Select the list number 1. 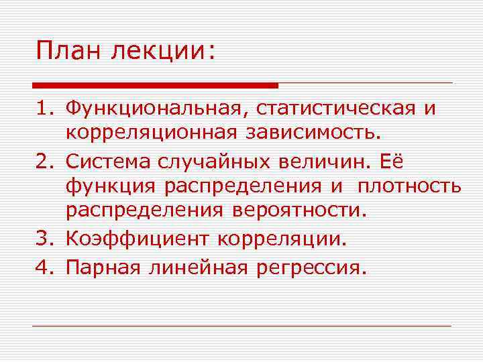click(x=42, y=109)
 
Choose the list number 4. click(x=42, y=267)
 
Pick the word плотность click(x=409, y=186)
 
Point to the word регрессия click(x=313, y=268)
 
